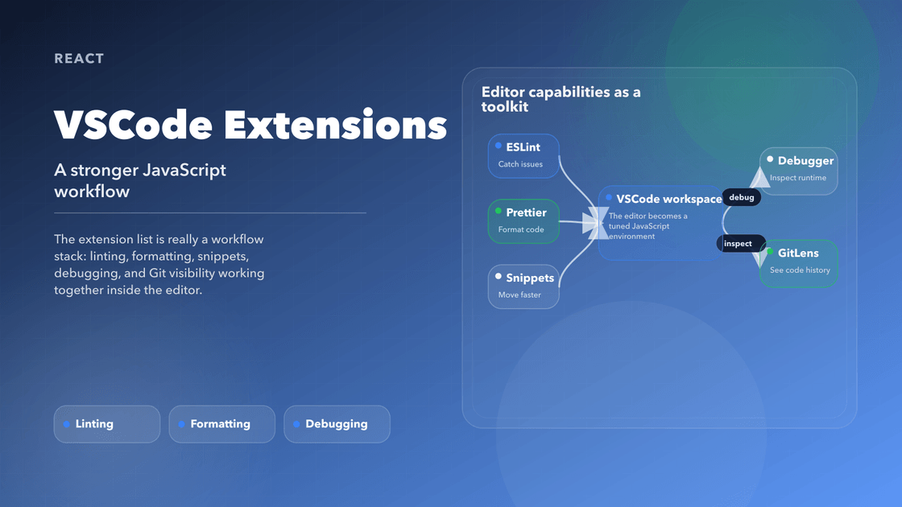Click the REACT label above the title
pos(79,59)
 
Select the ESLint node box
pos(523,155)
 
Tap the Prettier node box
pos(523,221)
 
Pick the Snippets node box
pos(523,286)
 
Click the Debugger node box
pos(798,170)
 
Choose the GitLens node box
pos(798,262)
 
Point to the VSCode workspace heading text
pos(668,199)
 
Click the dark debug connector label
pos(741,197)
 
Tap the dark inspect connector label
pos(738,243)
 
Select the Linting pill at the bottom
pos(107,424)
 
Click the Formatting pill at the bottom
pos(221,424)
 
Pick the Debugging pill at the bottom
pos(337,424)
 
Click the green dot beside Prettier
pos(499,212)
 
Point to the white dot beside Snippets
pos(499,277)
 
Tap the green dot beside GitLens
pos(770,252)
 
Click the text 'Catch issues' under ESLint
pos(520,164)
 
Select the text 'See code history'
pos(800,270)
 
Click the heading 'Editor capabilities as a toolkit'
pos(561,99)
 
